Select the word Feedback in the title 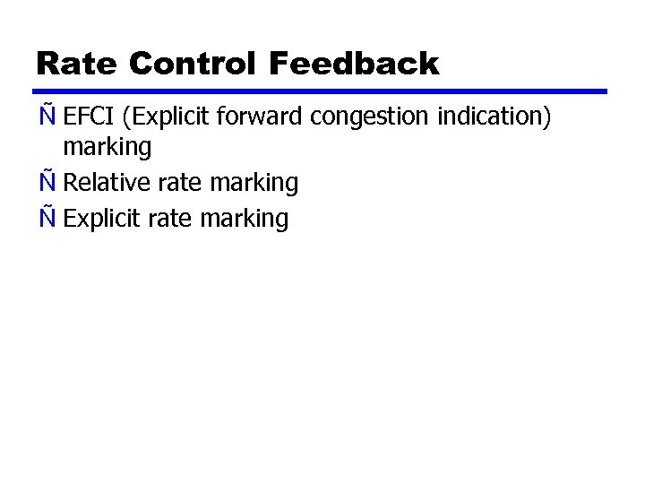point(353,65)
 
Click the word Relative point(107,183)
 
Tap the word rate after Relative point(178,184)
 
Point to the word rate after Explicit point(169,220)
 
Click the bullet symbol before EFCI point(47,117)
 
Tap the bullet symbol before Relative point(47,182)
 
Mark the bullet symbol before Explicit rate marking point(47,218)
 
